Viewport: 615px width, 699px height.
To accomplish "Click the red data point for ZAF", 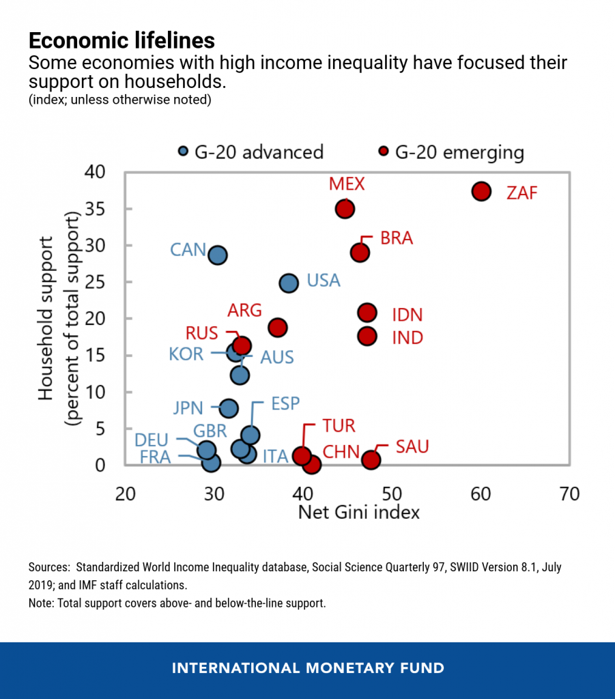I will (x=481, y=191).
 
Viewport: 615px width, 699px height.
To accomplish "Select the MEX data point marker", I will (x=345, y=209).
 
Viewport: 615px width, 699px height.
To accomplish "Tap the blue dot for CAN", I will (x=218, y=255).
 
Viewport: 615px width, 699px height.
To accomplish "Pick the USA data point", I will (x=289, y=283).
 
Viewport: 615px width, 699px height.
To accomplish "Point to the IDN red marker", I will (x=367, y=313).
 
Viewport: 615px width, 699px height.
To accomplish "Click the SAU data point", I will (x=371, y=459).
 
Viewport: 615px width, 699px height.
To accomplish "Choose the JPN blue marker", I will (x=229, y=409).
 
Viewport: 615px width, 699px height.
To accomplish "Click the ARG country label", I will (x=245, y=311).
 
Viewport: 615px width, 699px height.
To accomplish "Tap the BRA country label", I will (x=397, y=239).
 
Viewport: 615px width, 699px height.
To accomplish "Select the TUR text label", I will (x=339, y=426).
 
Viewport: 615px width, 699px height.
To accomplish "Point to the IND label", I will (x=407, y=337).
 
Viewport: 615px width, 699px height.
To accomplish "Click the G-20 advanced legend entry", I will (x=250, y=152).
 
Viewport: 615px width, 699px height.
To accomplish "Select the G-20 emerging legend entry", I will (x=452, y=152).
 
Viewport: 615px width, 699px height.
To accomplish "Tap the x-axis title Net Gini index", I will (x=359, y=512).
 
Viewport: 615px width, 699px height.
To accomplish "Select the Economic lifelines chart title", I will (x=121, y=40).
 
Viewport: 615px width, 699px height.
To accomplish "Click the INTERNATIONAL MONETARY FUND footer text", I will (x=308, y=668).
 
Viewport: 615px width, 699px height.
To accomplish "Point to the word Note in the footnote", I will (x=40, y=604).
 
